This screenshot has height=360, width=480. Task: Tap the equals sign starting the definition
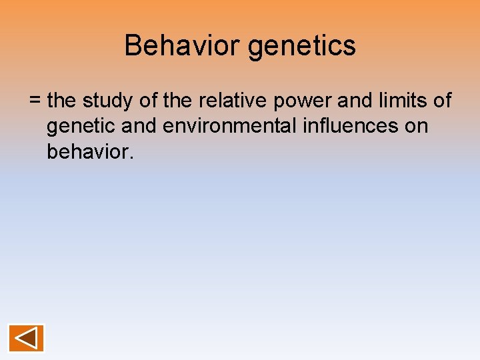click(35, 101)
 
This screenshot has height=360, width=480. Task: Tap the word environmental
click(229, 127)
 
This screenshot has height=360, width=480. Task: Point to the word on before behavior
click(415, 127)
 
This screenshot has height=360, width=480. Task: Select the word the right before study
click(63, 101)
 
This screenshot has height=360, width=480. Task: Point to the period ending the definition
click(132, 157)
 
